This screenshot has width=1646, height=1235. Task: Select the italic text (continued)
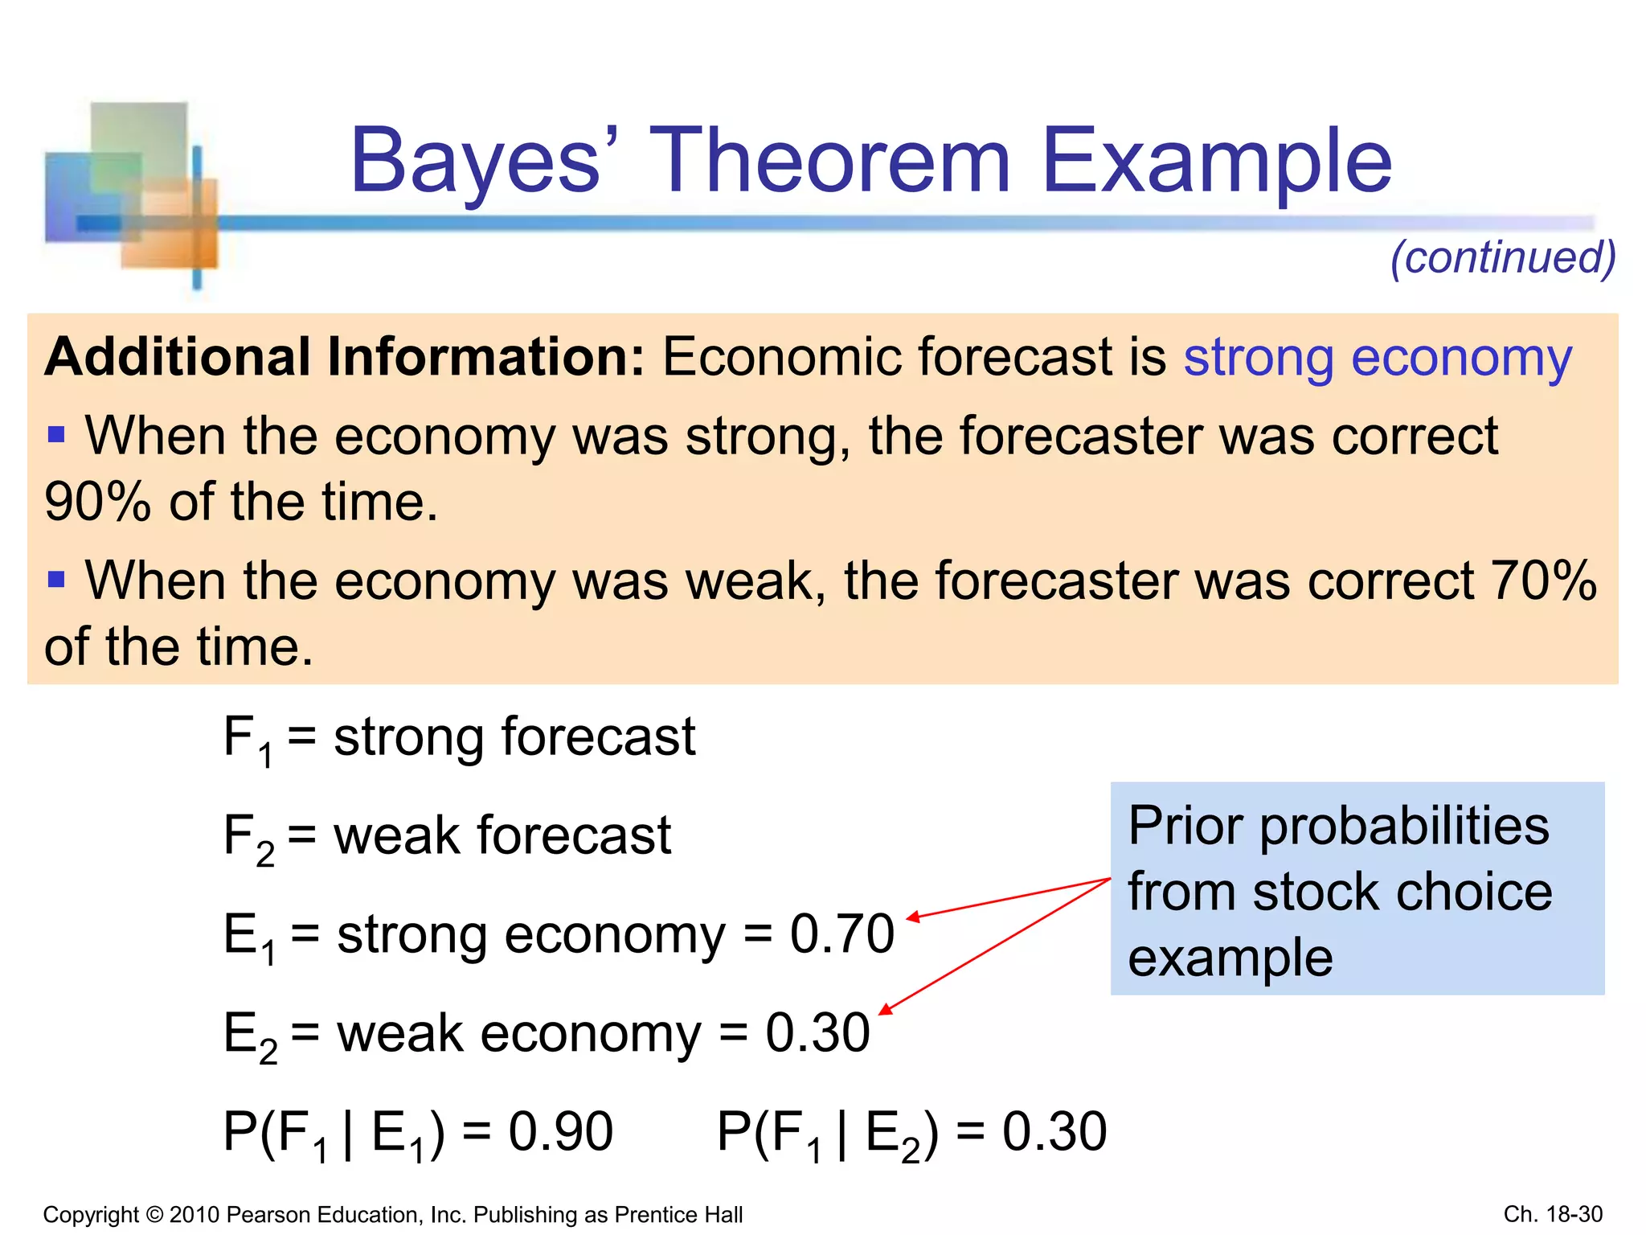[1502, 257]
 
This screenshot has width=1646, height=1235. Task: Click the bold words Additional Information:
[345, 357]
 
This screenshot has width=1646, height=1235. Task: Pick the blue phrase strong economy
[1377, 357]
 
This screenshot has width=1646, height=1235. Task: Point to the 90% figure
[97, 502]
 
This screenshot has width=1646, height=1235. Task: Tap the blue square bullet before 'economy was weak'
[56, 579]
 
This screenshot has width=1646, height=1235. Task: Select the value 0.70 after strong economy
[841, 933]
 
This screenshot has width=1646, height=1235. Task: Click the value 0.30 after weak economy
[817, 1032]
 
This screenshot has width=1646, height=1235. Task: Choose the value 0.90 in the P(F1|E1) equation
[560, 1131]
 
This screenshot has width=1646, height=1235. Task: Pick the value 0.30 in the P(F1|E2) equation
[1054, 1131]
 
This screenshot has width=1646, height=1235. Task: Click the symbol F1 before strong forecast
[246, 740]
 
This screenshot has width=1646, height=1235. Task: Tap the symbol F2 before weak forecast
[248, 839]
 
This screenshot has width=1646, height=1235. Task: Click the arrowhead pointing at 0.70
[912, 917]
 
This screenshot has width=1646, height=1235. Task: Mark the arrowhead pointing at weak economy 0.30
[885, 1011]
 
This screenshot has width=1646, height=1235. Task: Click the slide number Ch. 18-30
[1552, 1214]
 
